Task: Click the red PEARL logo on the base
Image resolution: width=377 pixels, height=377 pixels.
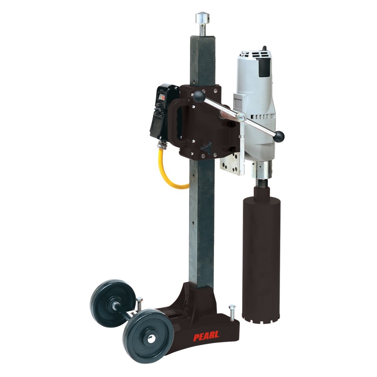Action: pos(207,336)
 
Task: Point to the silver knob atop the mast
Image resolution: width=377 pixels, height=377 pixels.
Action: pos(202,18)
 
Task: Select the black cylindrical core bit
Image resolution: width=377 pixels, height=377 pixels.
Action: pos(261,254)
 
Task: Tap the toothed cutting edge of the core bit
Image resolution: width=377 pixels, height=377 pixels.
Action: pos(261,317)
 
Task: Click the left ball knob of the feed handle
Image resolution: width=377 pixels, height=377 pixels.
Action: pos(199,96)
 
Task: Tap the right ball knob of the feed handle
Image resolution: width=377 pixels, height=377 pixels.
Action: pos(279,136)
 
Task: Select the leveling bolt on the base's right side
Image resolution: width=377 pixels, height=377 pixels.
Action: pos(232,313)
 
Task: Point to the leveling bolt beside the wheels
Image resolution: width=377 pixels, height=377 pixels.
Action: pos(140,304)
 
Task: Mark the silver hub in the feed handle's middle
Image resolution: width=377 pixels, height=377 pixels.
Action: pos(242,117)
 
